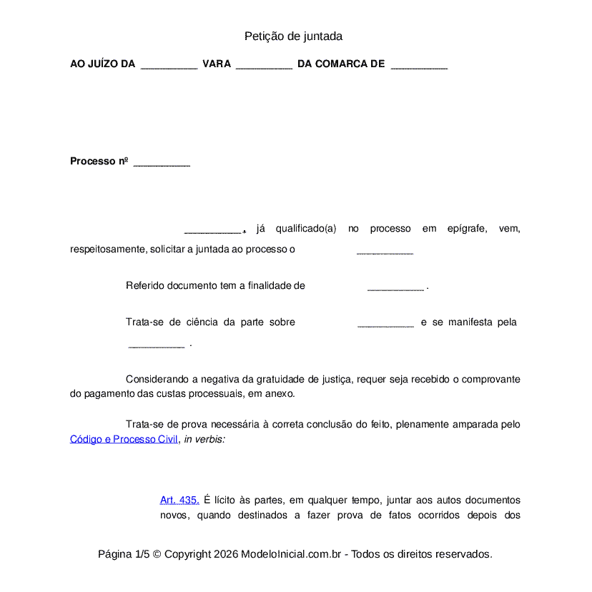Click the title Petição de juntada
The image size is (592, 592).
[x=293, y=36]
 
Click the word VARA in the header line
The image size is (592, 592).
[x=217, y=64]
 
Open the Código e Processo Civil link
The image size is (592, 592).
[x=124, y=439]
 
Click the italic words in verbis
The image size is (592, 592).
[x=204, y=439]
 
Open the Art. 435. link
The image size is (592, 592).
[x=179, y=500]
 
